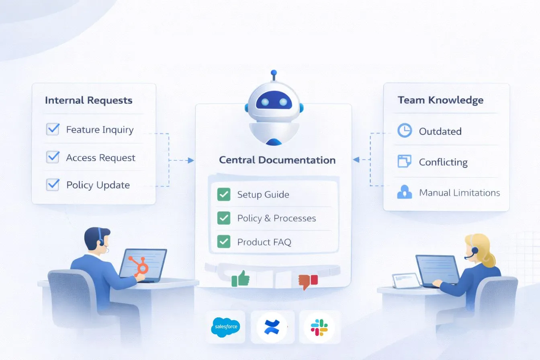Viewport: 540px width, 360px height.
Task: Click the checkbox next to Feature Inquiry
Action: coord(53,129)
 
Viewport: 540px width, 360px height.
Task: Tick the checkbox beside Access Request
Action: coord(53,157)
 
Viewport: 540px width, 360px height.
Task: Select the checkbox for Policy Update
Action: coord(53,184)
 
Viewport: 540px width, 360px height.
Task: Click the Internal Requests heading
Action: coord(88,100)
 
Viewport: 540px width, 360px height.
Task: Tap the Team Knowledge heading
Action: coord(440,100)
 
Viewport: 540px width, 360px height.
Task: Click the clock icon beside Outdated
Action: coord(404,131)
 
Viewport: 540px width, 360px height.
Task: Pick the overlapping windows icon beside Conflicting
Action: coord(404,162)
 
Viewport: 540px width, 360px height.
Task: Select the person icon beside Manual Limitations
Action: coord(404,192)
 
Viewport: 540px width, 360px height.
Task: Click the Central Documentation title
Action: coord(277,160)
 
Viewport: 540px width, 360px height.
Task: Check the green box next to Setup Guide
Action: coord(224,194)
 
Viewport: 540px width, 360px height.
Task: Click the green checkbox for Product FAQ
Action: coord(224,242)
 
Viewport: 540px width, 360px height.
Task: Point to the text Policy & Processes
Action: coord(276,218)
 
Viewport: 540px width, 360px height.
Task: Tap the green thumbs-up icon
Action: coord(241,278)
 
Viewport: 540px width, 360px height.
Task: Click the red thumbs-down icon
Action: coord(308,281)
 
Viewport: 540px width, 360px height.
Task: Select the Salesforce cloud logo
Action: coord(225,327)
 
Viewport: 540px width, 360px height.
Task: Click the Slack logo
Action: coord(319,327)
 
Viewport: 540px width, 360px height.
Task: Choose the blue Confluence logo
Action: coord(272,327)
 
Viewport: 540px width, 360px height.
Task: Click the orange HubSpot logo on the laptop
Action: coord(139,266)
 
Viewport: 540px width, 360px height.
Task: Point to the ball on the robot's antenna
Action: coord(274,73)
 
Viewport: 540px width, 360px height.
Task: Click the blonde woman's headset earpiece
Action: coord(475,250)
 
